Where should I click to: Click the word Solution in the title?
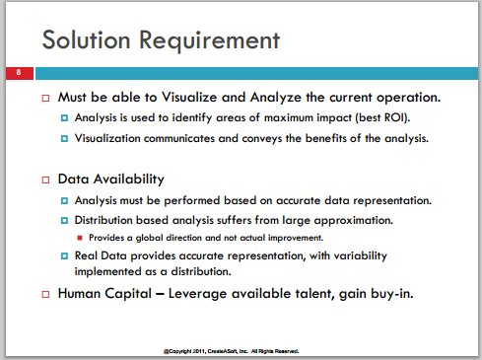tap(87, 39)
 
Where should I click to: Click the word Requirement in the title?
tap(210, 40)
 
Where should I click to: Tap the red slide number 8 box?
tap(20, 73)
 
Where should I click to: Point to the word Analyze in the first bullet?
tap(276, 98)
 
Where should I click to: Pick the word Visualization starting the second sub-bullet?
tap(107, 138)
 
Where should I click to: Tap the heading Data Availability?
tap(110, 180)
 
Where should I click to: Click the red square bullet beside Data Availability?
tap(45, 180)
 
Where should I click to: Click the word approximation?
tap(354, 220)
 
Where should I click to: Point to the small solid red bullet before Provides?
tap(80, 238)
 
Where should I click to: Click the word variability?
tap(361, 255)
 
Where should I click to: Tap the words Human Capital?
tap(104, 294)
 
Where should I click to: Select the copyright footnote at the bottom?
tap(232, 351)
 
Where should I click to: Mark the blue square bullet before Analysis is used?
tap(64, 117)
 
